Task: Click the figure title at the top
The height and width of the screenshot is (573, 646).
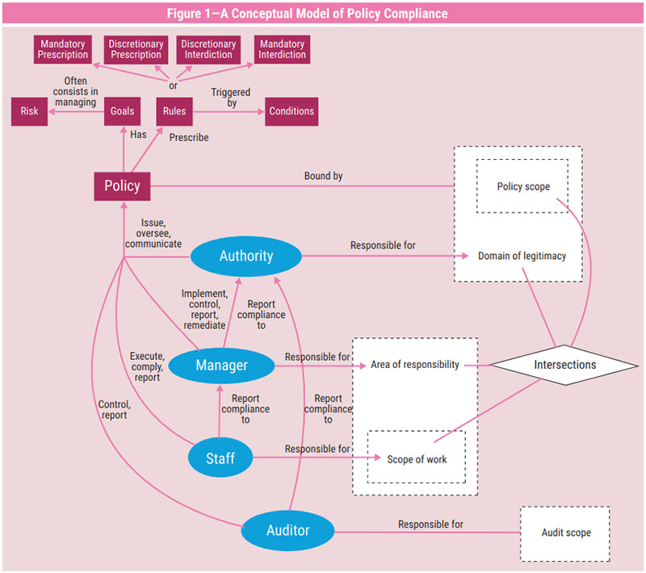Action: click(323, 13)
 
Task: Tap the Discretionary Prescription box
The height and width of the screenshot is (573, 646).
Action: click(136, 49)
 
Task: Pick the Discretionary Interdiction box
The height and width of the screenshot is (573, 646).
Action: click(208, 49)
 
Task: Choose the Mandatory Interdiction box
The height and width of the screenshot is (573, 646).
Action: click(282, 49)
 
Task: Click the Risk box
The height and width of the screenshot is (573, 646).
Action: click(30, 111)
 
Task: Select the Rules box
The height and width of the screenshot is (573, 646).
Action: click(174, 111)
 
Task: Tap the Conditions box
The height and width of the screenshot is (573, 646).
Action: click(292, 111)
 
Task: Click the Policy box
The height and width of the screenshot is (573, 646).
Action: click(122, 186)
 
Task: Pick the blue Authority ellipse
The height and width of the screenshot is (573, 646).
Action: click(246, 257)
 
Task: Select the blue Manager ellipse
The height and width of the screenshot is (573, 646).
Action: click(222, 366)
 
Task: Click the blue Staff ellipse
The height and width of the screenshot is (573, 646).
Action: click(220, 458)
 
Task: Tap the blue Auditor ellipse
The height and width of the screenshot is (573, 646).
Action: click(288, 531)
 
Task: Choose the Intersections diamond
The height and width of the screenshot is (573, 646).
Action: click(564, 365)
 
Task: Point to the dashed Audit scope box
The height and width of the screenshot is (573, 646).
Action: click(565, 533)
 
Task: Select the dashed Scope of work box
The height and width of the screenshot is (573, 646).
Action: click(417, 459)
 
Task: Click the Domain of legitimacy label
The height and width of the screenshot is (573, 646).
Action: click(521, 257)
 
